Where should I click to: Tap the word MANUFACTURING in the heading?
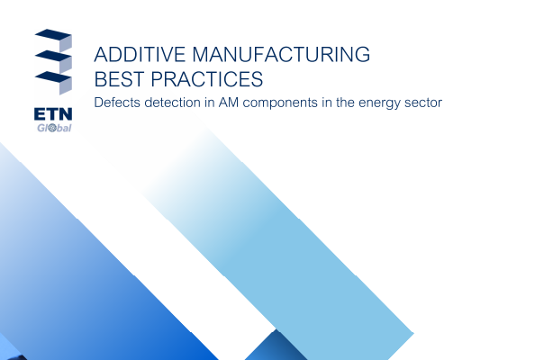[x=281, y=55]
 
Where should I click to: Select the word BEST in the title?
[x=120, y=79]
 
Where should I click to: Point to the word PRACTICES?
[x=207, y=79]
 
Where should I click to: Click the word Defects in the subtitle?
[x=117, y=103]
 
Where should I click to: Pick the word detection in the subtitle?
[x=172, y=103]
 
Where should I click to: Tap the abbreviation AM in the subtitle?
[x=228, y=103]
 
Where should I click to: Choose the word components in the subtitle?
[x=280, y=103]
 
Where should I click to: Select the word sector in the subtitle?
[x=423, y=103]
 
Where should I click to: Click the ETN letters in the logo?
[x=53, y=114]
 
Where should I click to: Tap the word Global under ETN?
[x=54, y=128]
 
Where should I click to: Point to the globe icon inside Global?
[x=52, y=128]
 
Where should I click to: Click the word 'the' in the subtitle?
[x=345, y=103]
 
